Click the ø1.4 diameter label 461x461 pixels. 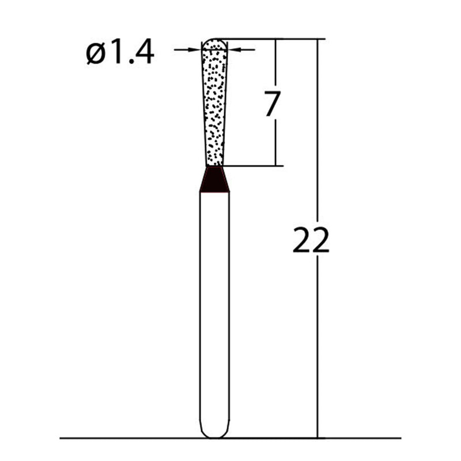point(120,54)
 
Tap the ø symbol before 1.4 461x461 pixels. point(95,54)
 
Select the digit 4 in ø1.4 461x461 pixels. point(144,54)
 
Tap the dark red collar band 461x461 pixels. point(214,180)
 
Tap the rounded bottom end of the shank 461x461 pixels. point(214,432)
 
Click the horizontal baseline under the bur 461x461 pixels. point(115,438)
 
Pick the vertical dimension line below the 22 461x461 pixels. point(317,346)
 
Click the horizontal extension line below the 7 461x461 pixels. point(254,166)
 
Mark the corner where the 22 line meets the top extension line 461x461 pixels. point(317,39)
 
